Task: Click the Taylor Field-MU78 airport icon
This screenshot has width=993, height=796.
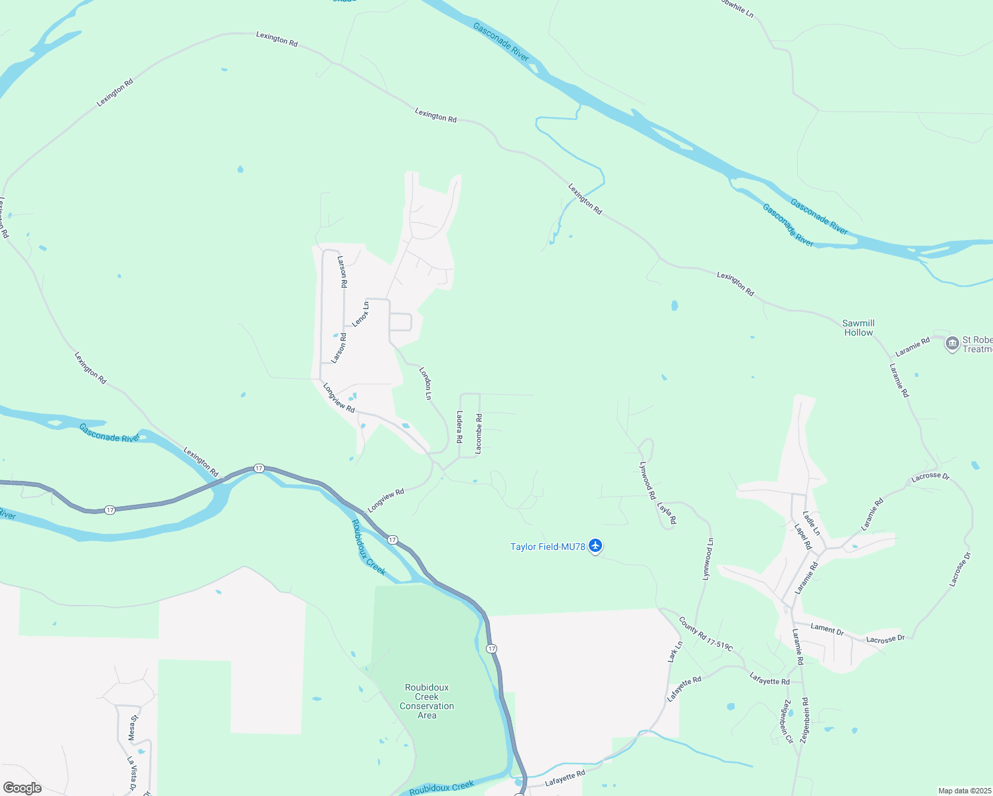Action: pos(595,546)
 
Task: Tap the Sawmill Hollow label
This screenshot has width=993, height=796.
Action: pos(858,328)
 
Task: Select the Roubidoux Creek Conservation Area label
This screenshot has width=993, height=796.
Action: pos(427,701)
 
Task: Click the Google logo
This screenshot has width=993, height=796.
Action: pos(22,788)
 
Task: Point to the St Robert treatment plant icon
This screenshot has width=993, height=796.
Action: pos(953,343)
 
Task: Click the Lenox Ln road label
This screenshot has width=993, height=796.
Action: pos(360,314)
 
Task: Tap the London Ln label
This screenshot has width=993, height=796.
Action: pos(425,383)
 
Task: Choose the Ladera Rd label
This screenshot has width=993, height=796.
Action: pos(459,427)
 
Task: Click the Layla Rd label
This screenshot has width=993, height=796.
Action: pos(666,513)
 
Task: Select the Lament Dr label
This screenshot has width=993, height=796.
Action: pos(827,630)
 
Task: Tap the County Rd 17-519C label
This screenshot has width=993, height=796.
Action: pos(706,634)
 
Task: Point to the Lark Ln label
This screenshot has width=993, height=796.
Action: pos(674,652)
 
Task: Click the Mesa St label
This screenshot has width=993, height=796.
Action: pos(132,728)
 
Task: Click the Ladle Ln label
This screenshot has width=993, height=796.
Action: pos(811,523)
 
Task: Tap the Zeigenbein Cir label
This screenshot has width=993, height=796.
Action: pos(788,721)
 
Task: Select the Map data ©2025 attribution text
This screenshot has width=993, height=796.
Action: pos(964,791)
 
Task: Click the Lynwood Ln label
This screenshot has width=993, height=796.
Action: pos(708,559)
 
